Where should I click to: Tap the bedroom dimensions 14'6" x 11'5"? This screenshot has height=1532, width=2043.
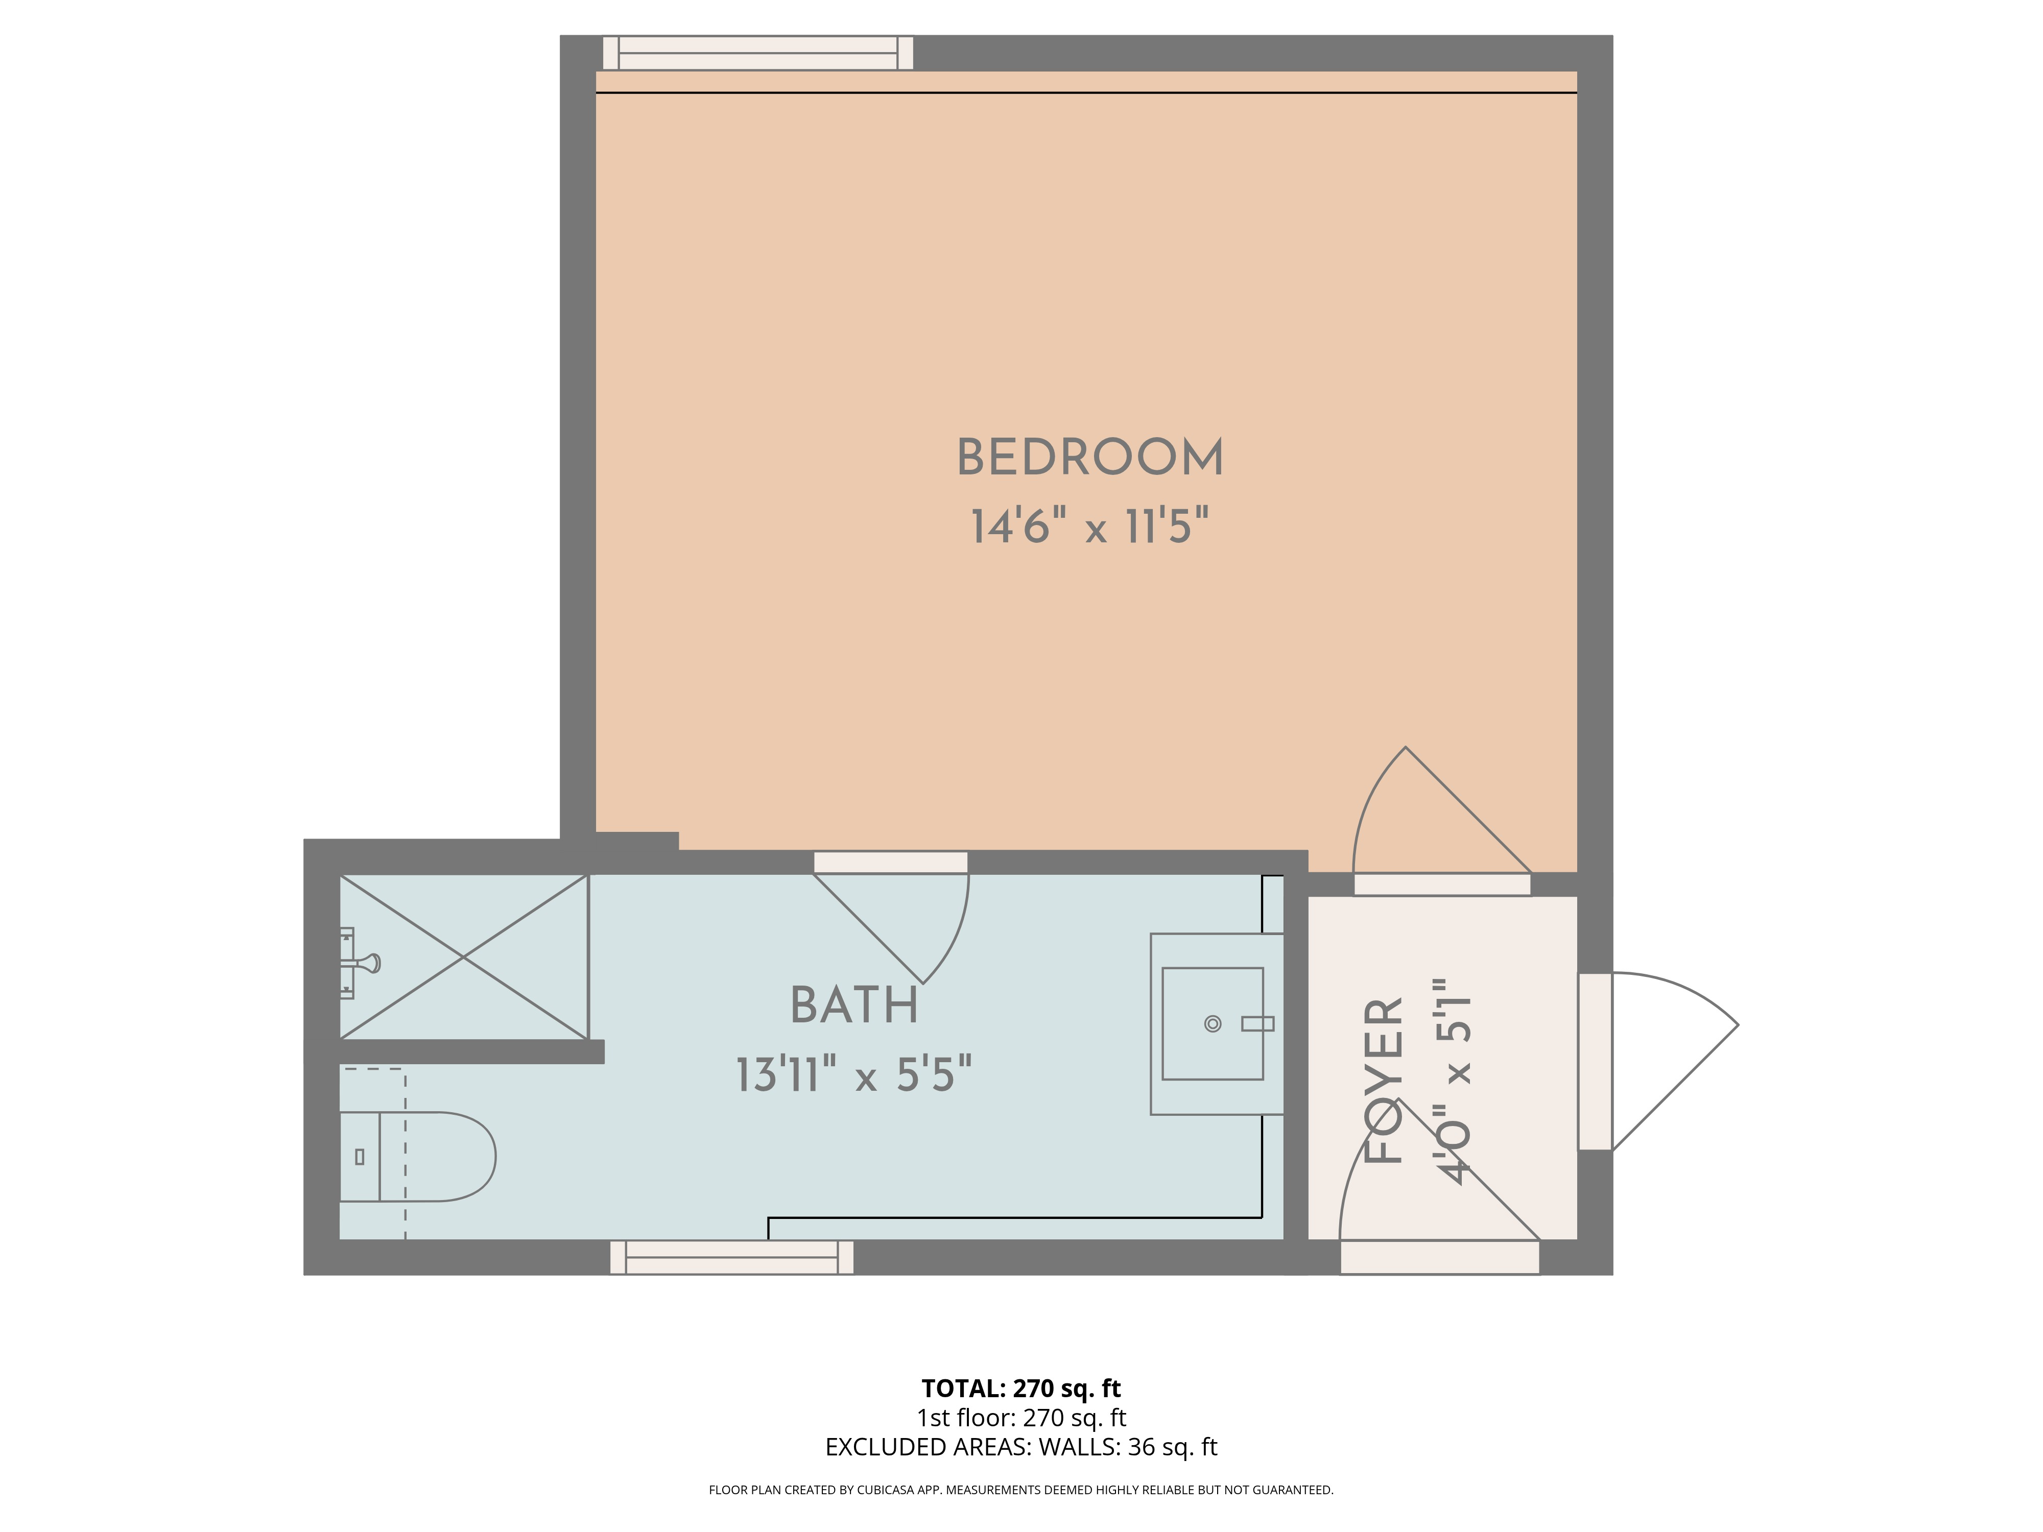tap(1090, 526)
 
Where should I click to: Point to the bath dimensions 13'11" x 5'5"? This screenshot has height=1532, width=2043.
tap(854, 1075)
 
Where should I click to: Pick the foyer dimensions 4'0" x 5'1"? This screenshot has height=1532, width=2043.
tap(1453, 1081)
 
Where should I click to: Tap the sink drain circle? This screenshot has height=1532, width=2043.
tap(1213, 1023)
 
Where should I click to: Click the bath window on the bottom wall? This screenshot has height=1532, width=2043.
tap(731, 1258)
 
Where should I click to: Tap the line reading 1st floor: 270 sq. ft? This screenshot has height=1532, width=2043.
tap(1020, 1418)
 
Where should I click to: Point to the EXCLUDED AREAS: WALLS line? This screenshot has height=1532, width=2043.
tap(1020, 1447)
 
